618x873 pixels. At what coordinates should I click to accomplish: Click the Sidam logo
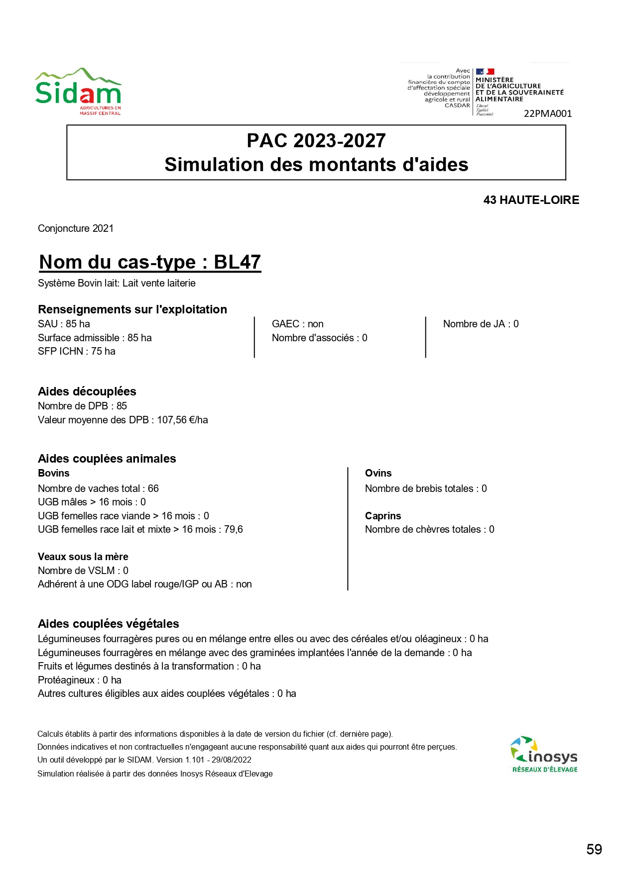pyautogui.click(x=78, y=92)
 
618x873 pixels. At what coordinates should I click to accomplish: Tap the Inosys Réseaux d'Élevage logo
pyautogui.click(x=544, y=754)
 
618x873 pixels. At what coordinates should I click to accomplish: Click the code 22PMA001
pyautogui.click(x=547, y=113)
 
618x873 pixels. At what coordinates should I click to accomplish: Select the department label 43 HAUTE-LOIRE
pyautogui.click(x=531, y=200)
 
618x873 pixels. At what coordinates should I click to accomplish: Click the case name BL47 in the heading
pyautogui.click(x=237, y=262)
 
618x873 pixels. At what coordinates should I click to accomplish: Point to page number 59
pyautogui.click(x=594, y=849)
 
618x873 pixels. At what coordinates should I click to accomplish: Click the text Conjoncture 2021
pyautogui.click(x=76, y=228)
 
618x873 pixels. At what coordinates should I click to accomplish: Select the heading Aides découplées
pyautogui.click(x=87, y=391)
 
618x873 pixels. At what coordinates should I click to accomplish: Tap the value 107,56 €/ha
pyautogui.click(x=182, y=420)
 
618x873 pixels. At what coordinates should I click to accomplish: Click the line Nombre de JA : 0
pyautogui.click(x=481, y=324)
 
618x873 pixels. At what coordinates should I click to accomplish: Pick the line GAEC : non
pyautogui.click(x=297, y=324)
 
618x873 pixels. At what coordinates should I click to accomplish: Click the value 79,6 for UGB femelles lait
pyautogui.click(x=233, y=529)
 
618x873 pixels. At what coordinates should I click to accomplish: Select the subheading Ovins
pyautogui.click(x=378, y=473)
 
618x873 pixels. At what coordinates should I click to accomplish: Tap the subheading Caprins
pyautogui.click(x=382, y=516)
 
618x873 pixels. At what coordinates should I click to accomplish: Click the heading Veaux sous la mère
pyautogui.click(x=83, y=557)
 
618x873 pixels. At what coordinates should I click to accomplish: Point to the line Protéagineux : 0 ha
pyautogui.click(x=80, y=680)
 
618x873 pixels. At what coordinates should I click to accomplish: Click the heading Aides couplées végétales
pyautogui.click(x=109, y=624)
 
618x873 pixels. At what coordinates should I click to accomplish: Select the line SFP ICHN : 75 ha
pyautogui.click(x=77, y=351)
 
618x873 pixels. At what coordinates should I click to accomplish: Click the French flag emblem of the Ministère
pyautogui.click(x=485, y=72)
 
